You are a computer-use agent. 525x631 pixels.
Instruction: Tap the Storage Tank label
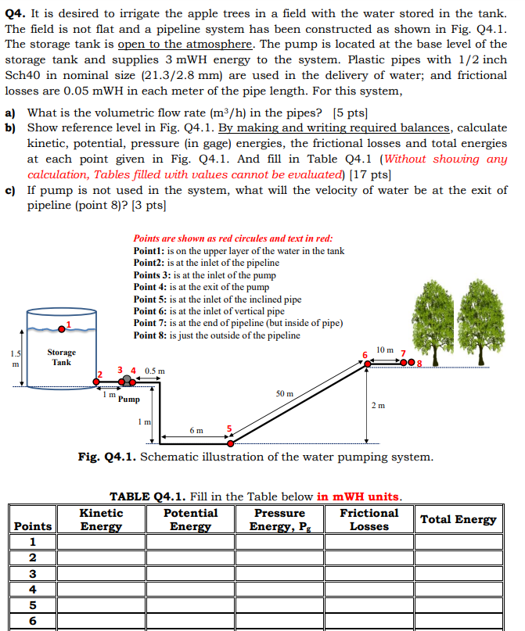pyautogui.click(x=61, y=357)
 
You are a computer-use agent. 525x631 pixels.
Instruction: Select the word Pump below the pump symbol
pyautogui.click(x=130, y=399)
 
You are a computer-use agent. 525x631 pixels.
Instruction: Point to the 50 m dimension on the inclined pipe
pyautogui.click(x=286, y=393)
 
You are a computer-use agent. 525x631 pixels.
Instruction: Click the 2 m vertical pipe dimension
pyautogui.click(x=378, y=405)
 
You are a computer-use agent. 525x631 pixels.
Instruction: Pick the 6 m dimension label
pyautogui.click(x=196, y=430)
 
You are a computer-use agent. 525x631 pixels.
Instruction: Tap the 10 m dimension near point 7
pyautogui.click(x=384, y=349)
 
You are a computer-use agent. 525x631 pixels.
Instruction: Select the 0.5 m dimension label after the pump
pyautogui.click(x=155, y=371)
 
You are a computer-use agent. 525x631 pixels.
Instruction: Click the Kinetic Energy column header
pyautogui.click(x=101, y=519)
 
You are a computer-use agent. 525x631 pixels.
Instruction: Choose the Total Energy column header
pyautogui.click(x=458, y=519)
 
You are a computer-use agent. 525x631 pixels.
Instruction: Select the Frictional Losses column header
pyautogui.click(x=369, y=519)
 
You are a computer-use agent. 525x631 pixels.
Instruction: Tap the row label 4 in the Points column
pyautogui.click(x=32, y=589)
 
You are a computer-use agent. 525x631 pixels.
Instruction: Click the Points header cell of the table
pyautogui.click(x=33, y=526)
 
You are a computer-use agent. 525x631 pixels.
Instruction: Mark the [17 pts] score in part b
pyautogui.click(x=371, y=174)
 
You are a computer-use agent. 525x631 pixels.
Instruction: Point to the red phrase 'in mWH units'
pyautogui.click(x=358, y=497)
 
